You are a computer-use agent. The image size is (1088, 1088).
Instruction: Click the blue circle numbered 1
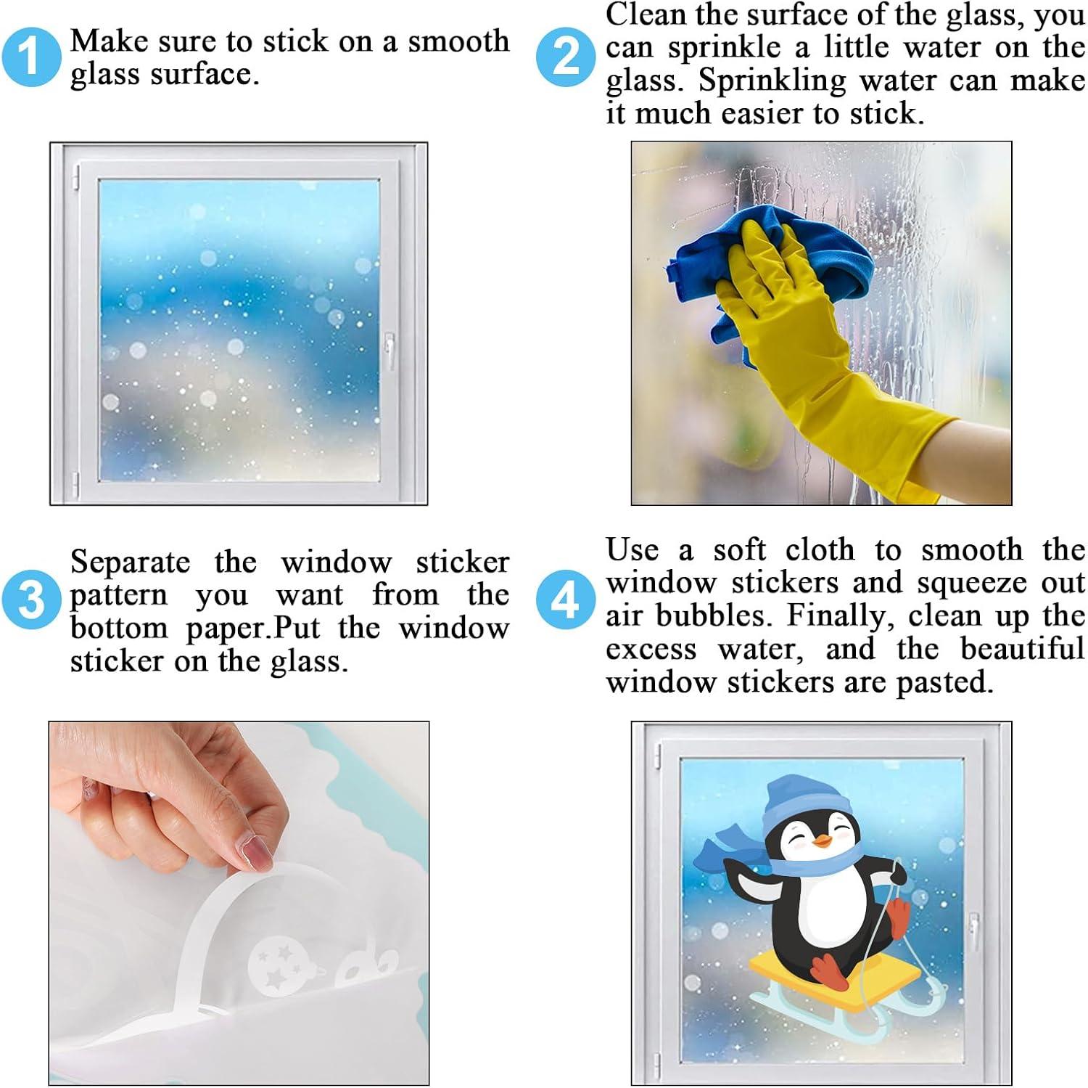(31, 57)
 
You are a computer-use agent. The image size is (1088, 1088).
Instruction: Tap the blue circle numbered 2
(566, 57)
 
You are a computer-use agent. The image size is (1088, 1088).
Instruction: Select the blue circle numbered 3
(31, 600)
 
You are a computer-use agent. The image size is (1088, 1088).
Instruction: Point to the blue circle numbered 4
(566, 600)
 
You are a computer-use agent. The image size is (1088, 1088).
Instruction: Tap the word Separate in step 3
(131, 563)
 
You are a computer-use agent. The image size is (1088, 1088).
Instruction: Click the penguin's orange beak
(821, 841)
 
